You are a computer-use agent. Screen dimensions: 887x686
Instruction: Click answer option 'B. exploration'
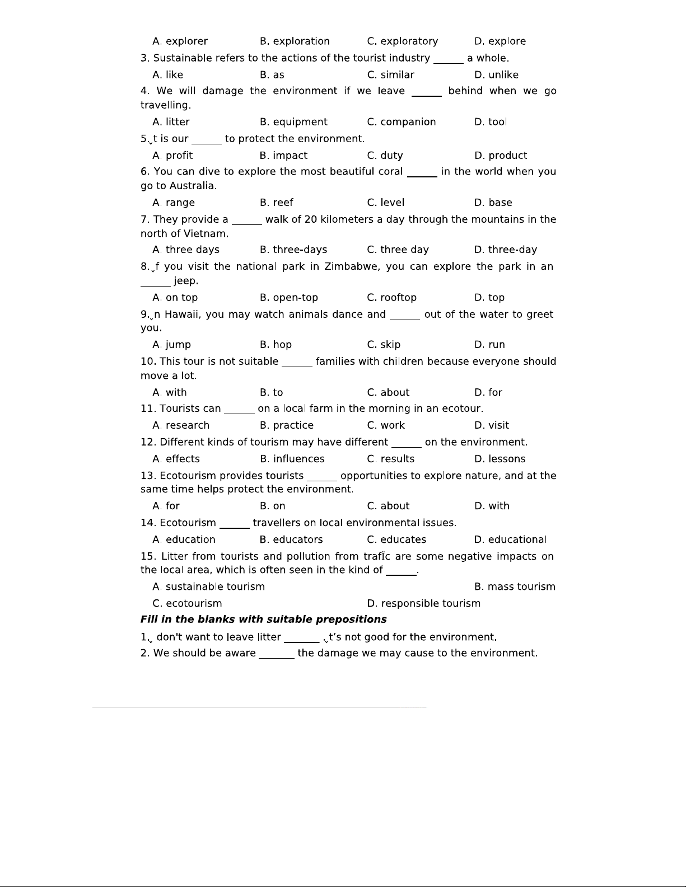pos(295,41)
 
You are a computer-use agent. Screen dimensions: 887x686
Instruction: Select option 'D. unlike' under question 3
pos(496,75)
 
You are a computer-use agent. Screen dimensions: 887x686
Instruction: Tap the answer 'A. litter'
pos(171,122)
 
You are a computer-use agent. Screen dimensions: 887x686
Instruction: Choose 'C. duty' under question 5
pos(385,156)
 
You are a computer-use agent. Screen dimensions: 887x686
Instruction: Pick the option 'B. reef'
pos(277,203)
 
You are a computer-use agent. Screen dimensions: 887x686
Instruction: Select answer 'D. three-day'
pos(505,250)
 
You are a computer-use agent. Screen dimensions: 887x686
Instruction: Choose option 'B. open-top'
pos(288,298)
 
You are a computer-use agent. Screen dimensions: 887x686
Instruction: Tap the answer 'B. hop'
pos(276,345)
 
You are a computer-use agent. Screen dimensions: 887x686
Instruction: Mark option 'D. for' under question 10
pos(488,392)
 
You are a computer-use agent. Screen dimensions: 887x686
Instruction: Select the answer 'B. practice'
pos(286,425)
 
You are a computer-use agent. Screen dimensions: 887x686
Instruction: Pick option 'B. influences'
pos(292,459)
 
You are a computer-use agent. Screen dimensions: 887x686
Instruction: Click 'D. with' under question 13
pos(492,506)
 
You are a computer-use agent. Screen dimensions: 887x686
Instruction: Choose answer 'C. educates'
pos(396,539)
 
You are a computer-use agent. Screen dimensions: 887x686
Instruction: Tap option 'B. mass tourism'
pos(515,586)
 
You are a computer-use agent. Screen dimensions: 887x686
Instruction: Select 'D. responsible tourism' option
pos(423,603)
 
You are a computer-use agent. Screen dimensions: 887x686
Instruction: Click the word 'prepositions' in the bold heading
pos(351,620)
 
